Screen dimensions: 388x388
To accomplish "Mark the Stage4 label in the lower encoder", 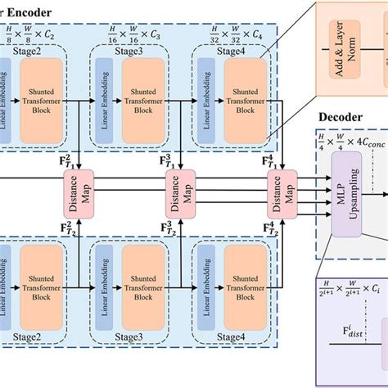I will pos(233,335).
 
